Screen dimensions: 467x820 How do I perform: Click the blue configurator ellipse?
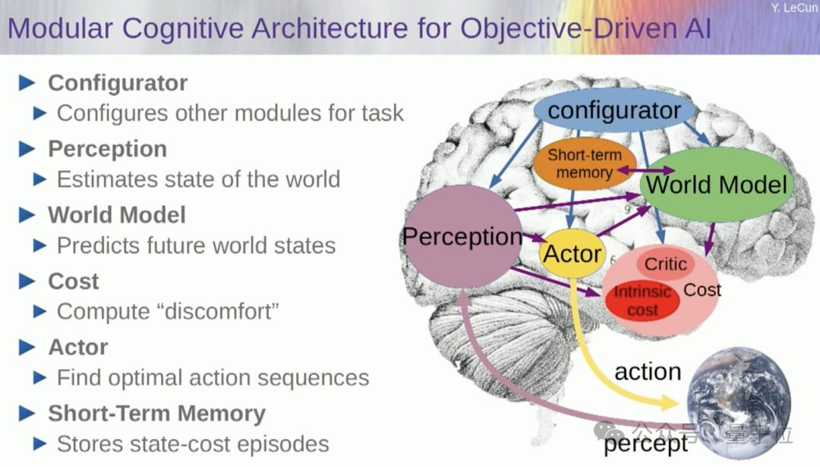(x=614, y=111)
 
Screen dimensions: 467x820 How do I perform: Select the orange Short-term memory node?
(x=584, y=164)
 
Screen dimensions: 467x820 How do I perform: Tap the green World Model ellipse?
(x=716, y=185)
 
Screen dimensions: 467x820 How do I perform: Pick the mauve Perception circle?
(x=462, y=237)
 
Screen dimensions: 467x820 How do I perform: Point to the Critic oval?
(x=665, y=265)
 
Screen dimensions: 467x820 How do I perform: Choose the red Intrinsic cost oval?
(x=642, y=301)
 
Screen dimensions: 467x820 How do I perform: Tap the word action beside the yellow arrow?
(x=647, y=372)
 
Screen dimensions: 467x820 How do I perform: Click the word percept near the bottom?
(x=645, y=444)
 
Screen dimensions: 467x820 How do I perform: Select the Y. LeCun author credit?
(x=793, y=8)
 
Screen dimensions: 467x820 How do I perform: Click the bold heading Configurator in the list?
(x=118, y=83)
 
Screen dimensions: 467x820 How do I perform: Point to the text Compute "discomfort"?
(x=168, y=311)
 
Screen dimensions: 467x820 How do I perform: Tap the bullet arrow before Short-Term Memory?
(x=27, y=413)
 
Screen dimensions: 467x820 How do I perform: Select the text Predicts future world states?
(x=196, y=245)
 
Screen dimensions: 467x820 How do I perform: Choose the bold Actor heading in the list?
(x=78, y=347)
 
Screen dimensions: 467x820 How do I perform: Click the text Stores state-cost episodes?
(x=193, y=443)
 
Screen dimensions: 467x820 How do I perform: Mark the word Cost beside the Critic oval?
(x=702, y=289)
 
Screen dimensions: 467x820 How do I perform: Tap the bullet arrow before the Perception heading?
(x=27, y=148)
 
